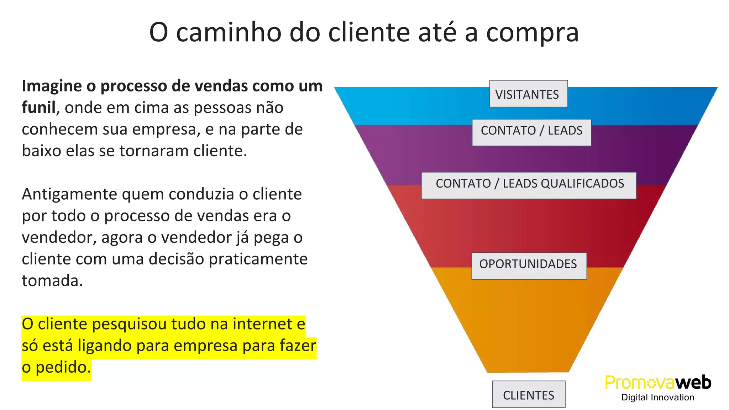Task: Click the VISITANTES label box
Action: click(x=528, y=94)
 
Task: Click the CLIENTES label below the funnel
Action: click(x=529, y=394)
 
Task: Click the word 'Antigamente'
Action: click(x=69, y=194)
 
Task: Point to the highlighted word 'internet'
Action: click(x=262, y=324)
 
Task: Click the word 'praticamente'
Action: click(x=258, y=259)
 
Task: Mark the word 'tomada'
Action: click(x=52, y=281)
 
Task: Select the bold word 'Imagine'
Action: click(x=52, y=86)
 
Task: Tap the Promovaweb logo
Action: click(x=658, y=383)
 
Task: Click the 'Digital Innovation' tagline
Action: click(x=658, y=398)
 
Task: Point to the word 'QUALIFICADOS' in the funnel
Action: click(x=582, y=184)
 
